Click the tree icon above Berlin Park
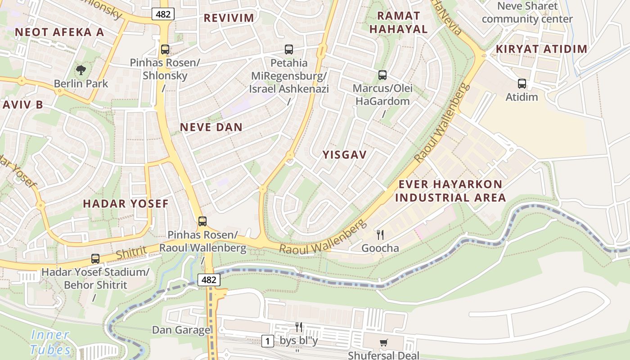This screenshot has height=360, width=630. tap(81, 70)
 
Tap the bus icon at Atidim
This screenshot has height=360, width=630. tap(522, 83)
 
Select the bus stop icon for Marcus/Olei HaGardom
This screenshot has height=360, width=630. tap(382, 75)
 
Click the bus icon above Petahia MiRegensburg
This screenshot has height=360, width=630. tap(289, 49)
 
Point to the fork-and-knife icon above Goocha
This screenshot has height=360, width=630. tap(380, 234)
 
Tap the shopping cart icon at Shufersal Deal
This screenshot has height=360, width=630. tap(383, 343)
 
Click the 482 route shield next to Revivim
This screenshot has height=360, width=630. tap(163, 14)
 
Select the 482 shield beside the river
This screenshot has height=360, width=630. tap(209, 280)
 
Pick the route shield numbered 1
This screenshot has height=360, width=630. tap(268, 341)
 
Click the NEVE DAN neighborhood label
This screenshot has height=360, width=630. tap(211, 127)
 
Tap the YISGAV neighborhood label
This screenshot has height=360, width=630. tap(345, 155)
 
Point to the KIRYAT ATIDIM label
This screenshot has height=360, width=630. tap(542, 49)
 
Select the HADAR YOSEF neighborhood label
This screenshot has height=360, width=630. tap(126, 203)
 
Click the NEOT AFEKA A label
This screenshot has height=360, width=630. tap(59, 32)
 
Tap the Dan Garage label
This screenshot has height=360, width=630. tap(181, 330)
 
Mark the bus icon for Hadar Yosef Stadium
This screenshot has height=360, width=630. tap(95, 259)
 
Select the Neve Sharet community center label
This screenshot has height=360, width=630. tap(527, 13)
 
